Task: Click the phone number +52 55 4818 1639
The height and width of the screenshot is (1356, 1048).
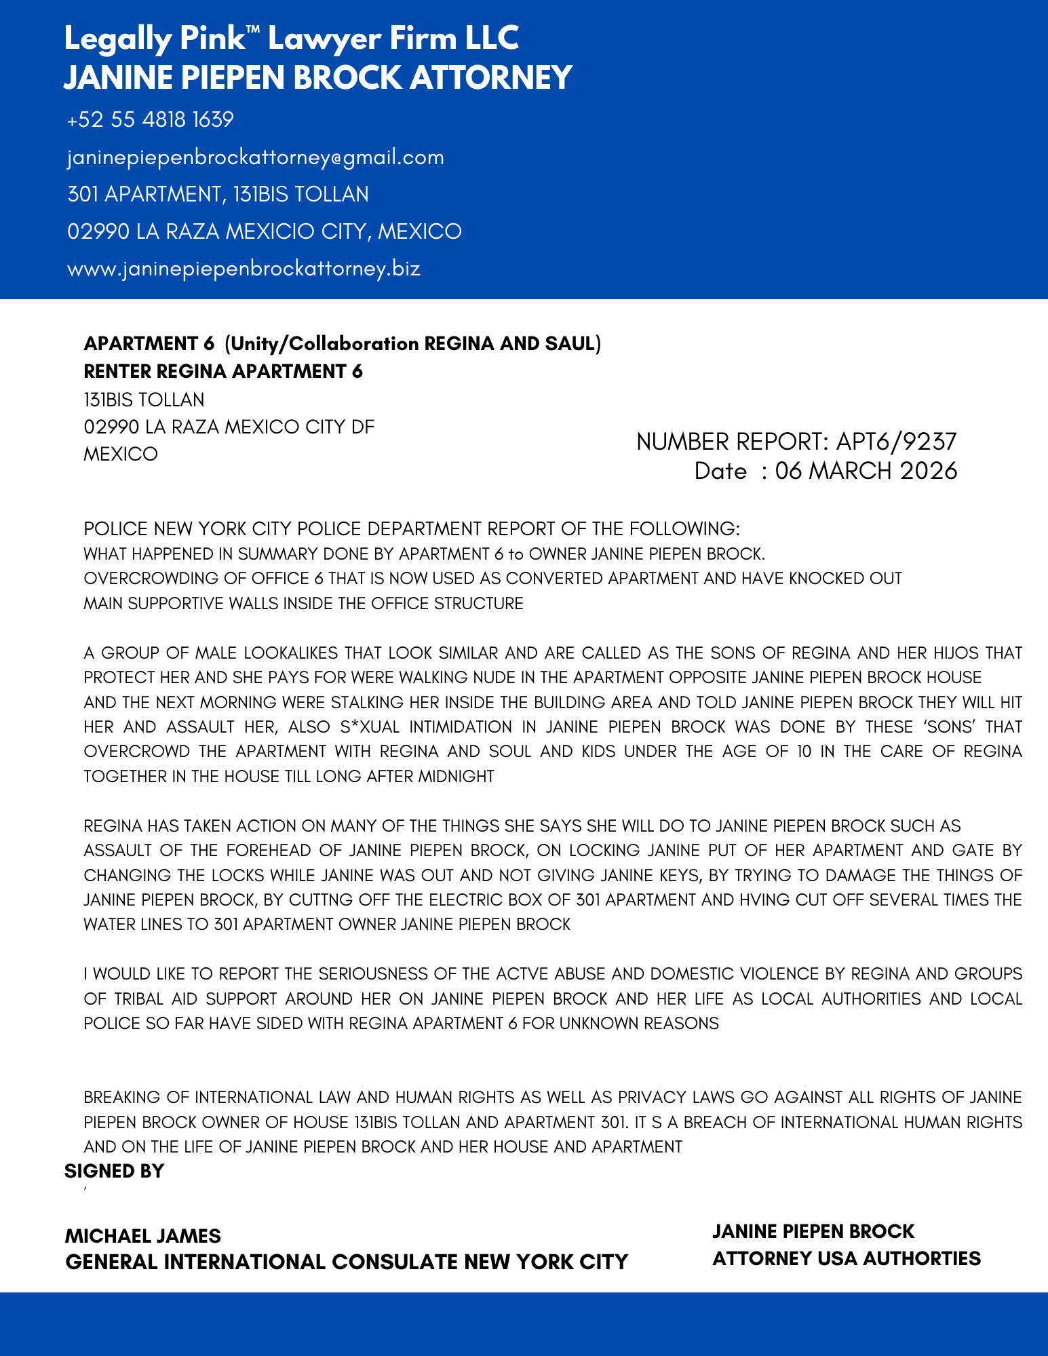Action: pos(151,120)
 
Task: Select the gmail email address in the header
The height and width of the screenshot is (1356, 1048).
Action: pos(256,157)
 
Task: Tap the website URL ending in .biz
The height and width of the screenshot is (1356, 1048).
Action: pos(244,269)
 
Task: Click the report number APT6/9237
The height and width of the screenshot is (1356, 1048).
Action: pos(896,442)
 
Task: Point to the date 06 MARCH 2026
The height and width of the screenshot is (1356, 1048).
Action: pos(866,471)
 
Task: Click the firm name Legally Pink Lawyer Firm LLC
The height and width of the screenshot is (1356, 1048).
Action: pos(292,38)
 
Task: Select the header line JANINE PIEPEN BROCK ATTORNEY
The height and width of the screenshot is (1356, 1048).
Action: pos(318,77)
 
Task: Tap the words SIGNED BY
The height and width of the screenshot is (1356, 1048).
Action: pos(115,1171)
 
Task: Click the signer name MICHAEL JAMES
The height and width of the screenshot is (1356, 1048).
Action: pos(143,1235)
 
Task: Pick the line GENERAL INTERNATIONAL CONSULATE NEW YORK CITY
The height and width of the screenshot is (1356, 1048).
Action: pos(347,1262)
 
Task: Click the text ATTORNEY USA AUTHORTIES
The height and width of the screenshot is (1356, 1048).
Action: pos(847,1258)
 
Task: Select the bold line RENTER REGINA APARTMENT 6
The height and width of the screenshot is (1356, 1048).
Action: pos(223,371)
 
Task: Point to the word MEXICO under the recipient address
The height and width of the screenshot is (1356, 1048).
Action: pos(121,454)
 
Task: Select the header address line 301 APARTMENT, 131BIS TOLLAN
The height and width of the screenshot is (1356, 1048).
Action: pos(218,195)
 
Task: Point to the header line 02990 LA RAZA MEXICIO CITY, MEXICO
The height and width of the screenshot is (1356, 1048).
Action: pos(265,231)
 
